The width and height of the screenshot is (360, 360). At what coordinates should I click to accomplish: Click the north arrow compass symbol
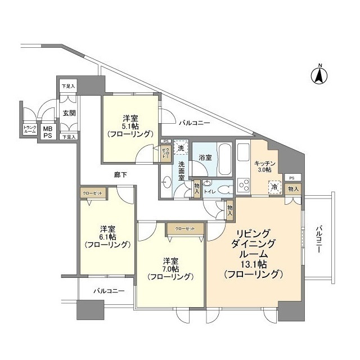319,75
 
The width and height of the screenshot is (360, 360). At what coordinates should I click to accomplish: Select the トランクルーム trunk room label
29,130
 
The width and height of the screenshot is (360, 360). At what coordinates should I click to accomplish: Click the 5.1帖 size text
130,126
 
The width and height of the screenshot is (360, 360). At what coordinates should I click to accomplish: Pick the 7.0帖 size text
170,269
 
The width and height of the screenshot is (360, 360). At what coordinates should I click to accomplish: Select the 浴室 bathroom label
205,157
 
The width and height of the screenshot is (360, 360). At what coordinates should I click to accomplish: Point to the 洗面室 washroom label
182,170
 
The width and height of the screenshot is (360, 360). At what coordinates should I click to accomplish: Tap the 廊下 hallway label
119,175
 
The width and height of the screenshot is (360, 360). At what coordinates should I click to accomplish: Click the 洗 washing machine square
181,148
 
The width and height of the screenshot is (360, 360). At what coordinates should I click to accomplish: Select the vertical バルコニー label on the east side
318,241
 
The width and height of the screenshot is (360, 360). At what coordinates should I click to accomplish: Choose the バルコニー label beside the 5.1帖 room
195,122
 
